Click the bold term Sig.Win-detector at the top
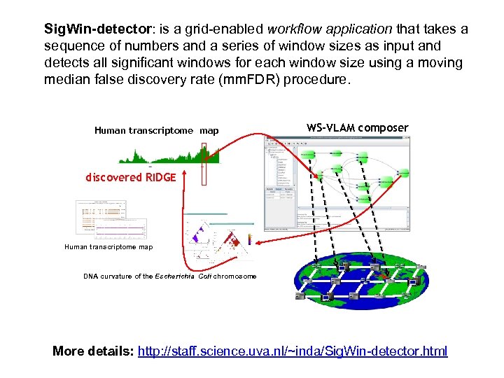(97, 29)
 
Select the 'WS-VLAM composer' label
(357, 127)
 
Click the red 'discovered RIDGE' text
(131, 177)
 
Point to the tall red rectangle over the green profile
(204, 164)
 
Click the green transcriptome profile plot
(168, 155)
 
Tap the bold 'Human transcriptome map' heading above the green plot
(156, 131)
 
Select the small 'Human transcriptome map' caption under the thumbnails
(108, 246)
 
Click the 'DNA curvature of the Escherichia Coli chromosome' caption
(169, 276)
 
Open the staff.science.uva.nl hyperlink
(293, 351)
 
